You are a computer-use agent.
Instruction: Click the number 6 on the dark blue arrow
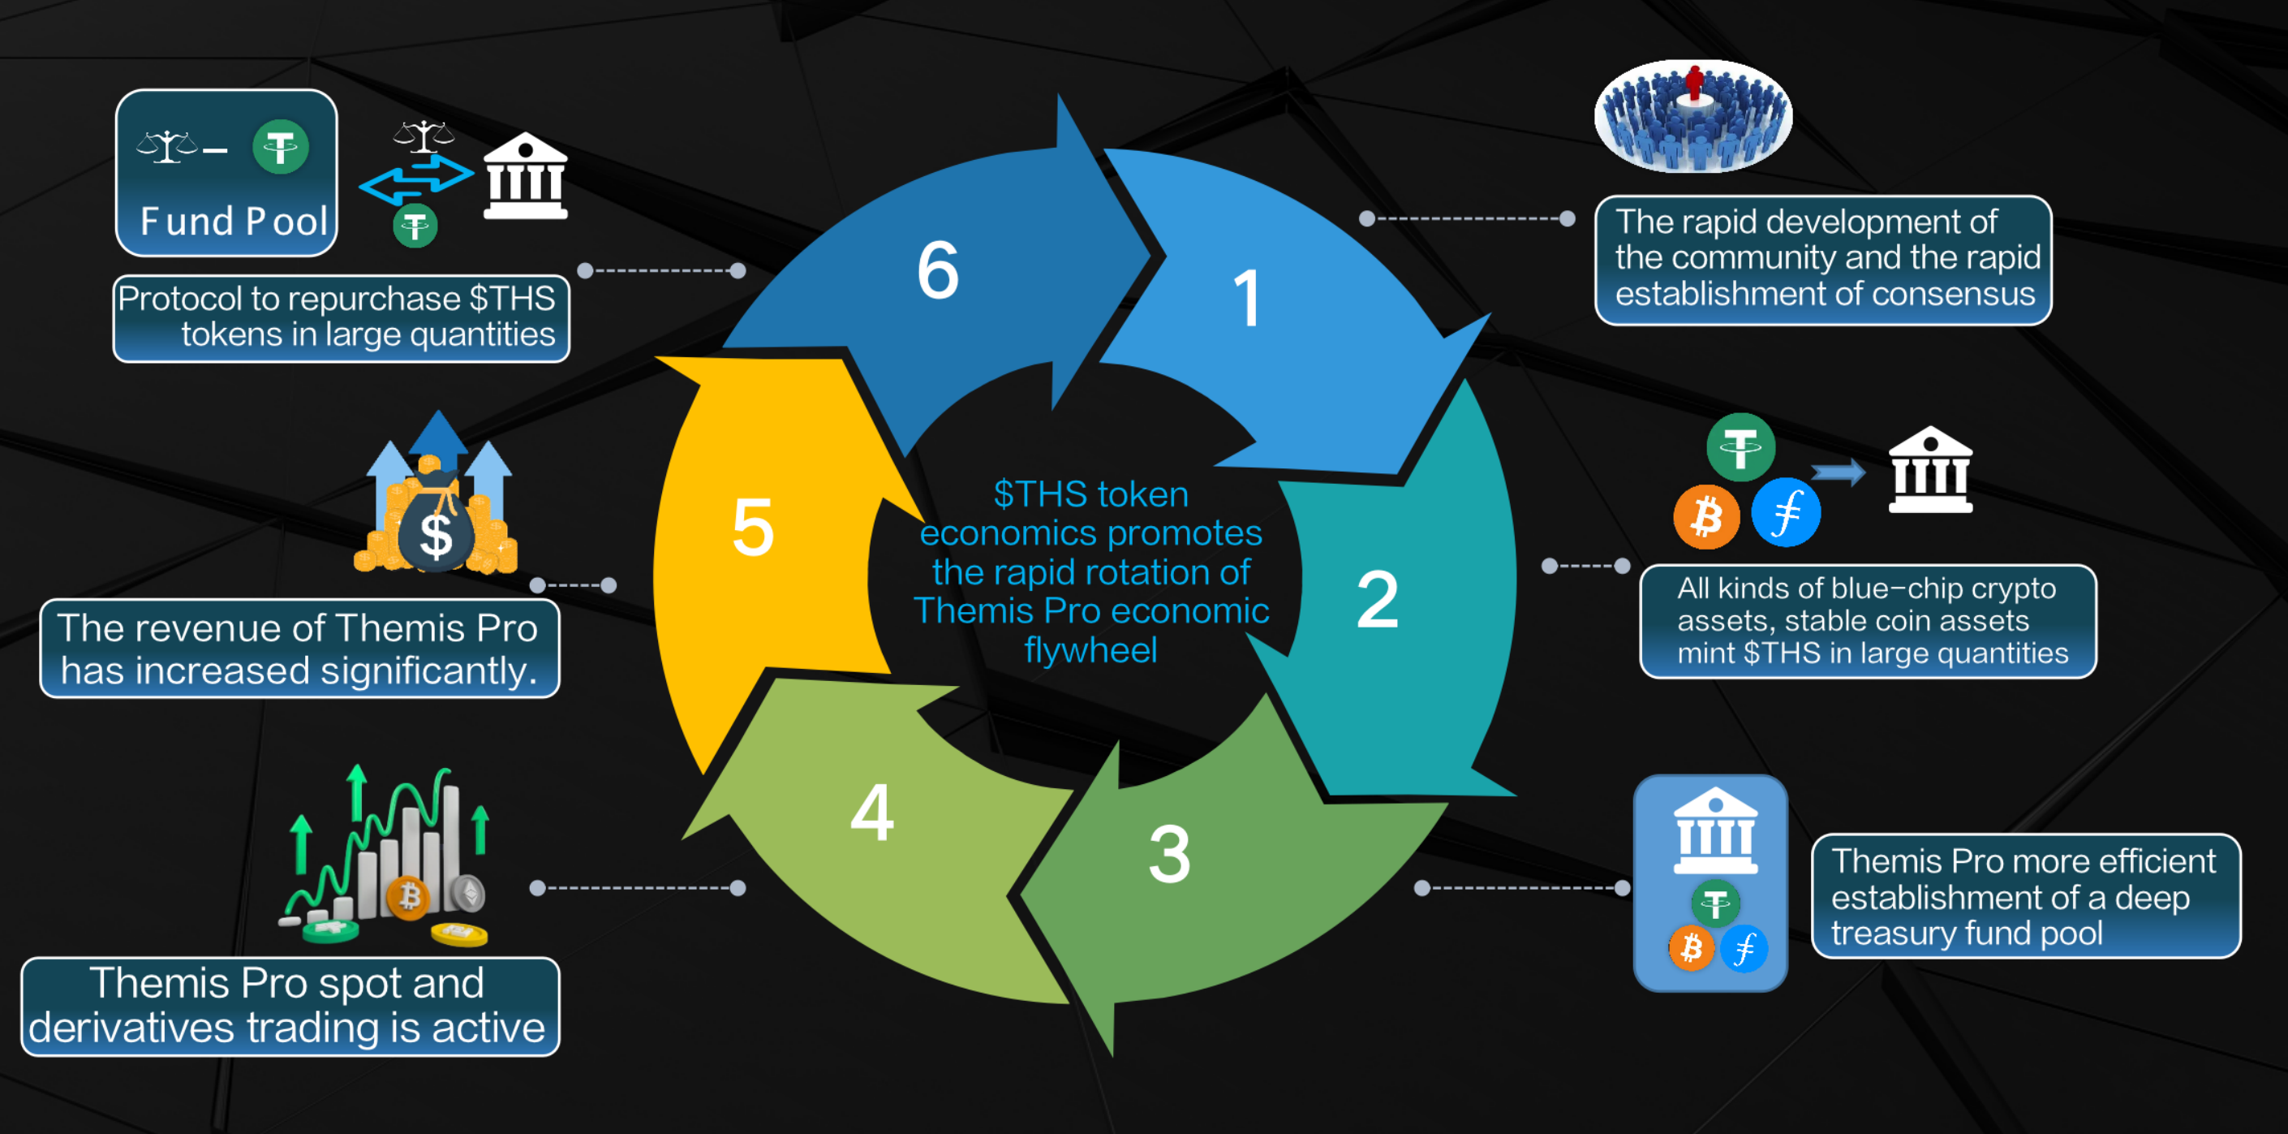pos(938,270)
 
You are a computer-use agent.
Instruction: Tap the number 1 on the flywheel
pos(1247,299)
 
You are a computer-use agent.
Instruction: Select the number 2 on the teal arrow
pos(1378,601)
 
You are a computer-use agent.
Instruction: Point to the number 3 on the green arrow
pos(1169,855)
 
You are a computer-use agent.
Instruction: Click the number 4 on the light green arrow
pos(871,813)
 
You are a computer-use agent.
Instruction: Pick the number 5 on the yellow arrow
pos(752,528)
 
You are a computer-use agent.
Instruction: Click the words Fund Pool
pos(234,222)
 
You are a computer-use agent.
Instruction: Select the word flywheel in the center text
pos(1090,650)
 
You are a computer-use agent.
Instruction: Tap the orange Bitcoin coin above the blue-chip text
pos(1706,516)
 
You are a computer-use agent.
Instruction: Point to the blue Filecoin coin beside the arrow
pos(1785,513)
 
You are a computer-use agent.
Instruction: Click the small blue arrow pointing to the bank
pos(1838,472)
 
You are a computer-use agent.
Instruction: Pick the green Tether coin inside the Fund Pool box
pos(281,148)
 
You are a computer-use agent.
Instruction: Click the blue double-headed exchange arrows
pos(415,177)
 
